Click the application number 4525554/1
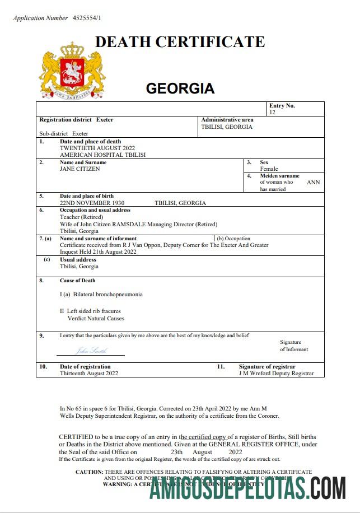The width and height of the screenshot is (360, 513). [x=87, y=18]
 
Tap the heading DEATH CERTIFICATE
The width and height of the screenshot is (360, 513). [x=180, y=42]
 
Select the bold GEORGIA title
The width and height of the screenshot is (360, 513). [x=180, y=88]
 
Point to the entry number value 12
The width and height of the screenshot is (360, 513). [x=272, y=113]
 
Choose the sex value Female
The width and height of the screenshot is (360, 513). [x=269, y=169]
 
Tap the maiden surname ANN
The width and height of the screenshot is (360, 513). [x=314, y=183]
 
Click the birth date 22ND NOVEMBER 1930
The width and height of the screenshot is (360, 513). [x=92, y=203]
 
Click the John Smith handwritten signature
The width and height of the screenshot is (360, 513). [x=91, y=351]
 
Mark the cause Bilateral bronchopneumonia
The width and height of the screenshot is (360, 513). [x=101, y=295]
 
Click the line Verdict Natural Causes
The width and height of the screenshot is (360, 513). [x=96, y=318]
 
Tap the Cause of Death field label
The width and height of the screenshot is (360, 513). [x=78, y=281]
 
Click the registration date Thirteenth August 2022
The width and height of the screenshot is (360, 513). [x=89, y=374]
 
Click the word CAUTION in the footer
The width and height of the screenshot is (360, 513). [x=89, y=472]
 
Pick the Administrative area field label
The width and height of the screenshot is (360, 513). [x=227, y=120]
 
